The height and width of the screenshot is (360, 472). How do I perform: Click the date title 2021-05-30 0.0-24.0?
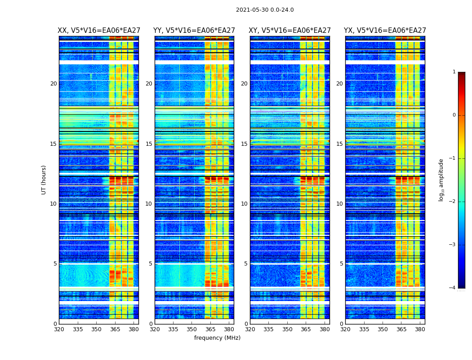click(x=265, y=10)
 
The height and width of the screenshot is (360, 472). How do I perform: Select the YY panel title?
click(x=194, y=31)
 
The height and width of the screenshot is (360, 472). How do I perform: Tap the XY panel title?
click(x=289, y=31)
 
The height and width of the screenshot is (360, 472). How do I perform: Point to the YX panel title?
click(x=385, y=31)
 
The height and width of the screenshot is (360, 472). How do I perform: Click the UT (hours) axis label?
click(x=44, y=180)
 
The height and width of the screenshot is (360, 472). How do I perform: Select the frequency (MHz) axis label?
click(x=217, y=338)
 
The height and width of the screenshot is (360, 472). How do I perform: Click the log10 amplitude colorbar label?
click(x=441, y=180)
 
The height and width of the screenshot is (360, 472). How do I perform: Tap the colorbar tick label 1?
click(x=454, y=72)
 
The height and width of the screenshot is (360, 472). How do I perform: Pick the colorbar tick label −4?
click(x=453, y=288)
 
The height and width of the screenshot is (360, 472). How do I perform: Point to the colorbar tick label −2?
click(x=453, y=202)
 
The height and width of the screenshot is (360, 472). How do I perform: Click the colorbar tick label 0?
click(x=454, y=115)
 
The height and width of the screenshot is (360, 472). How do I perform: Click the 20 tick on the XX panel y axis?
click(x=53, y=84)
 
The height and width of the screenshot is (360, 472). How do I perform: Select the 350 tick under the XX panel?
click(x=96, y=329)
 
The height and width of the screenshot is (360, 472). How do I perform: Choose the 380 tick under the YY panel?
click(x=229, y=329)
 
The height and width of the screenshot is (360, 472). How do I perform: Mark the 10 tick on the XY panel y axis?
click(x=244, y=204)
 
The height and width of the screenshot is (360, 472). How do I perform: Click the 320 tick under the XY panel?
click(x=250, y=329)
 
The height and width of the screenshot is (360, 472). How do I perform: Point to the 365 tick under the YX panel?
click(x=401, y=329)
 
